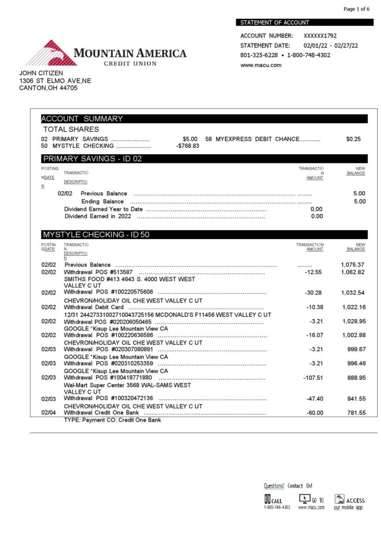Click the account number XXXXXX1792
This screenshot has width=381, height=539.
pos(320,36)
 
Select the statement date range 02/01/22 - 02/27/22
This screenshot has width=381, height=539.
pos(330,46)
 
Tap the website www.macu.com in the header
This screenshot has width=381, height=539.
pos(260,65)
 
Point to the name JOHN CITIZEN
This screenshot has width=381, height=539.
pos(41,73)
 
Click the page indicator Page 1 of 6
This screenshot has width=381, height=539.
pos(357,9)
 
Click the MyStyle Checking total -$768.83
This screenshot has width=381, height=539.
pos(187,146)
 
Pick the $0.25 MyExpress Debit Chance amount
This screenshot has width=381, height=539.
pos(353,139)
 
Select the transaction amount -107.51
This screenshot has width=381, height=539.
pos(313,378)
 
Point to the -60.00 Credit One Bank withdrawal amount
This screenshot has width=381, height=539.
pos(315,413)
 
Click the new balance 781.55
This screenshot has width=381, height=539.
pos(356,413)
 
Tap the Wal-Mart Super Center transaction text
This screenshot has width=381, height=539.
pos(127,385)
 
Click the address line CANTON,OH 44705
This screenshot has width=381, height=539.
pos(48,88)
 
